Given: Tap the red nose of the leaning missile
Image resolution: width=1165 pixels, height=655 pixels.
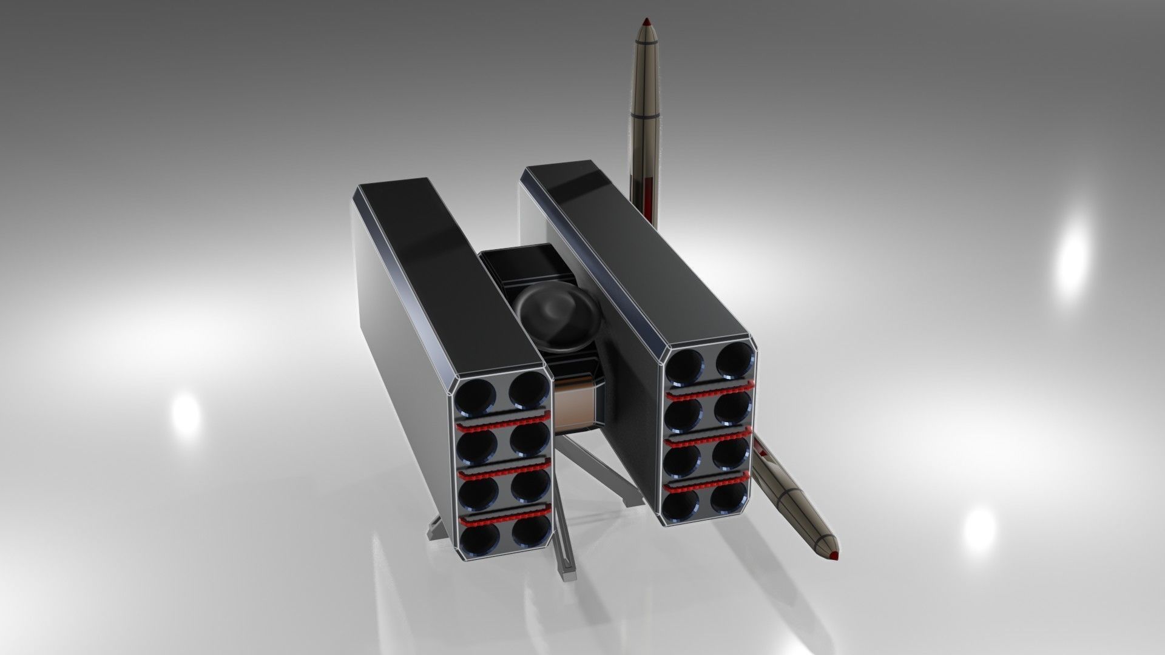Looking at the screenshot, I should (834, 554).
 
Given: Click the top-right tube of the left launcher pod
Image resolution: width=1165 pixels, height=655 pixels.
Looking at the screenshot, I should (527, 390).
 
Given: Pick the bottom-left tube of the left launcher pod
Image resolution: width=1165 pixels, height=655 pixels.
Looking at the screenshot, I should (478, 539).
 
